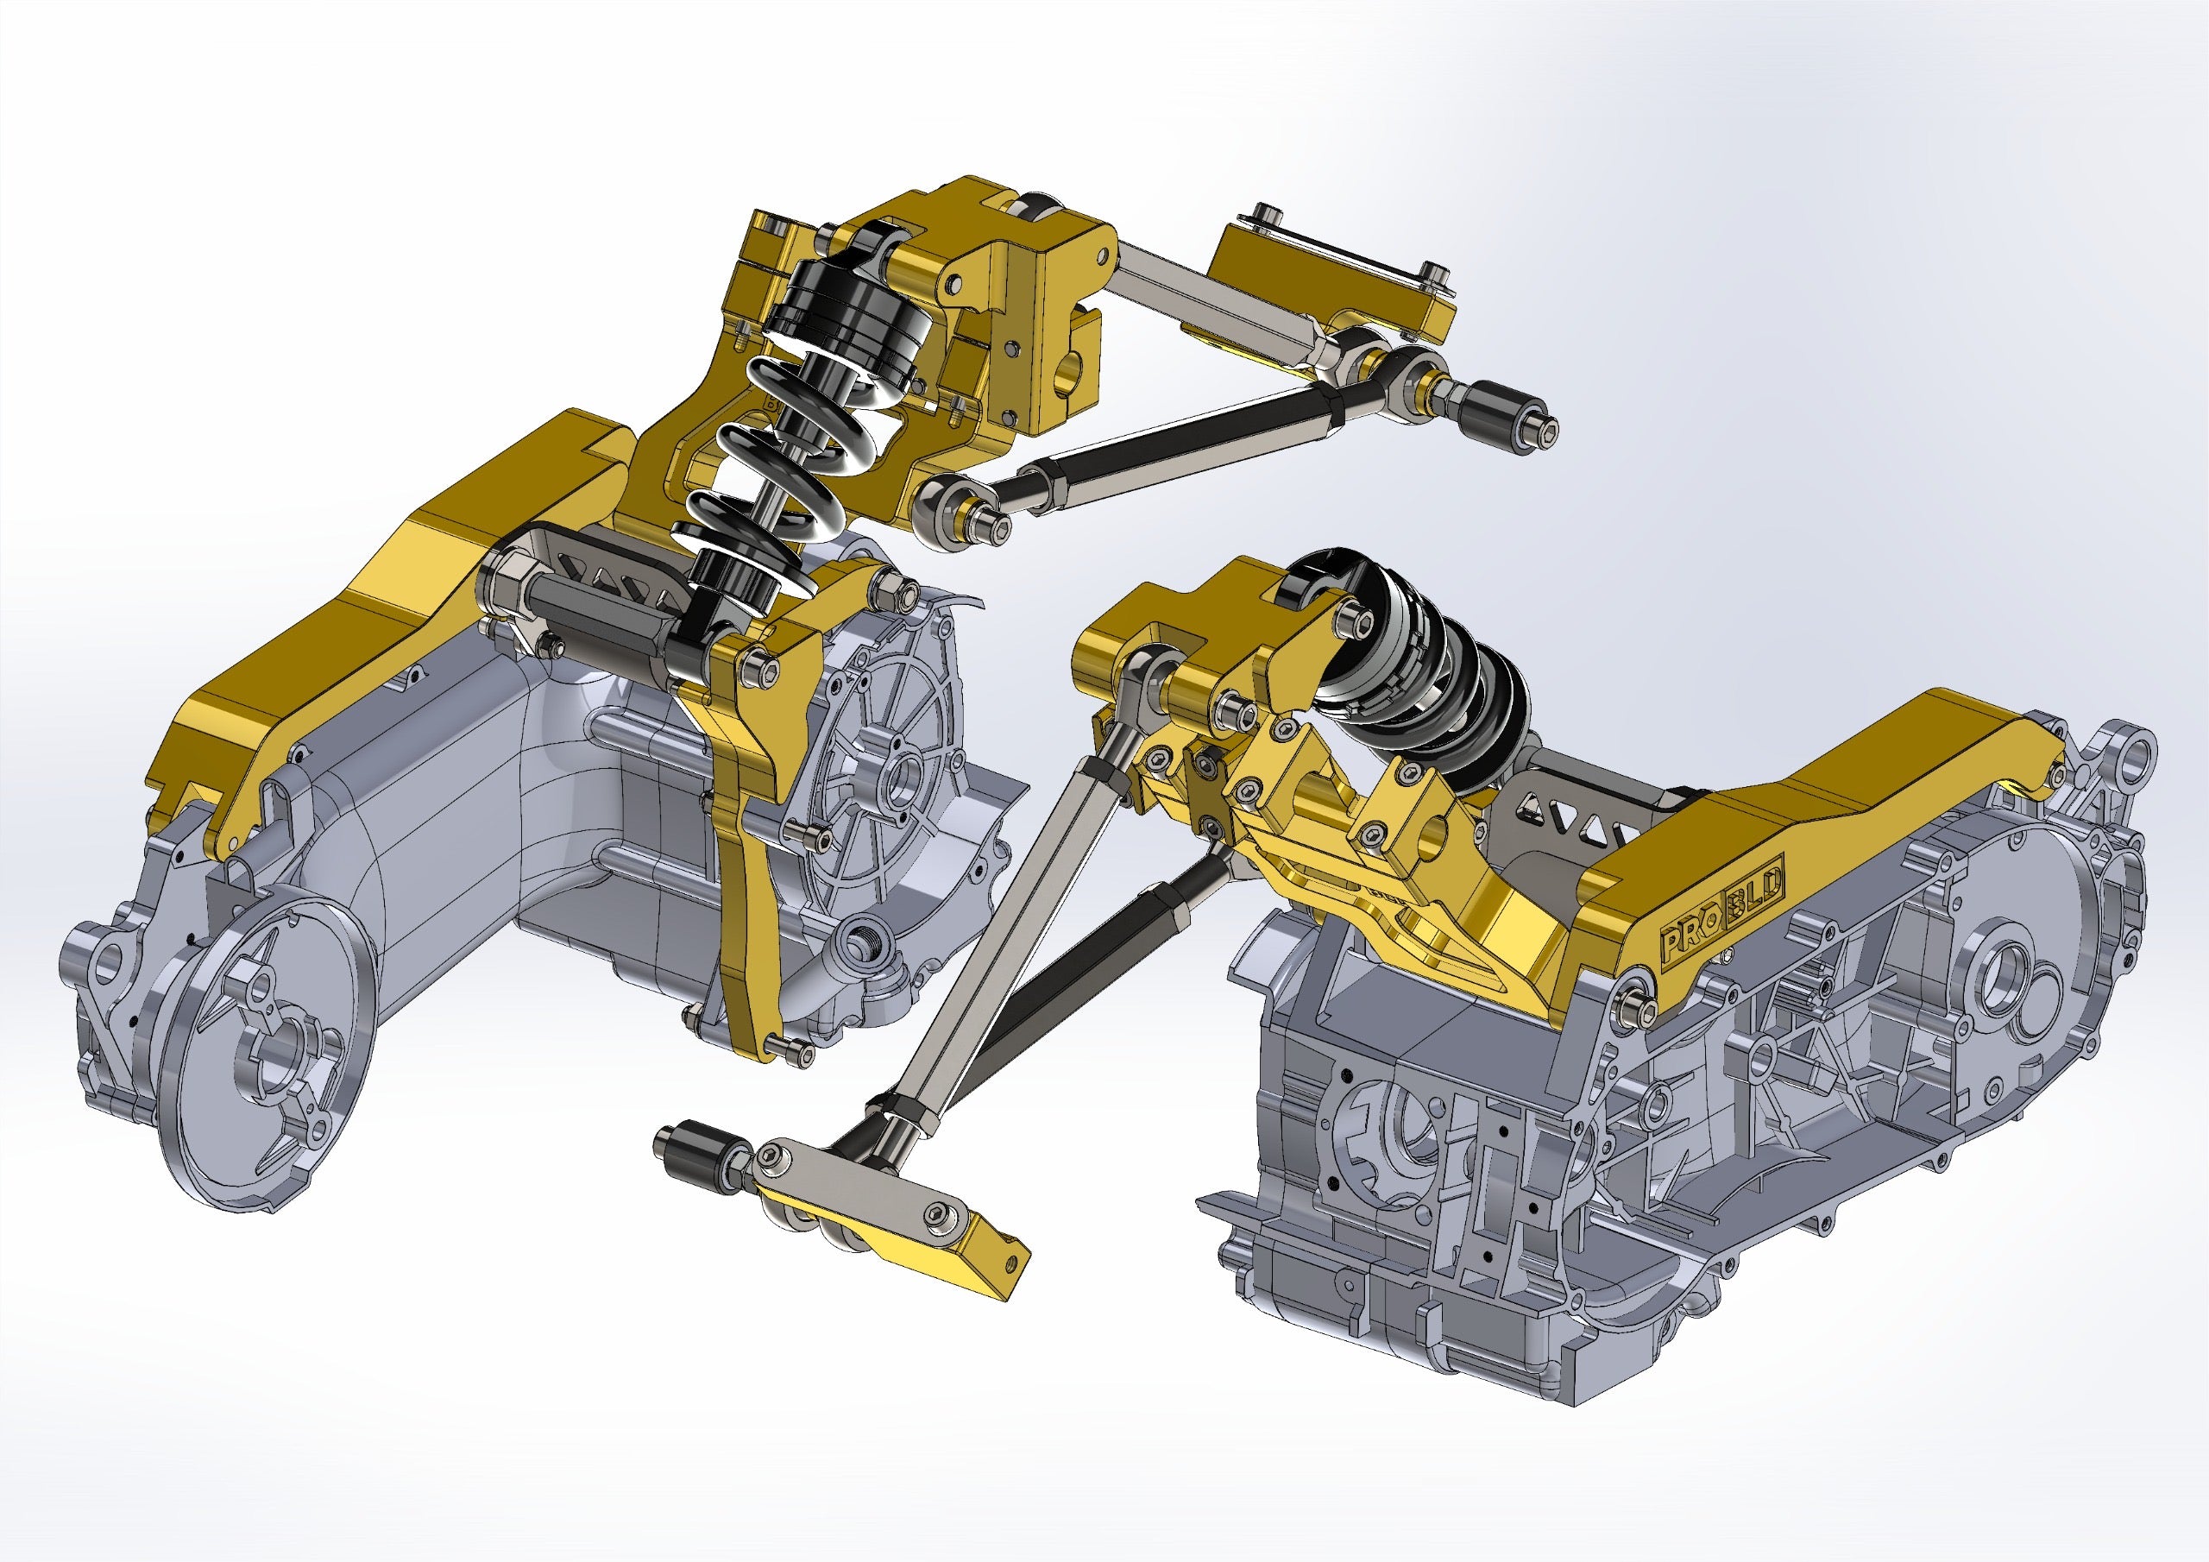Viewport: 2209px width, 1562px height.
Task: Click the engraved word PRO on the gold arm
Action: click(x=1690, y=937)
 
